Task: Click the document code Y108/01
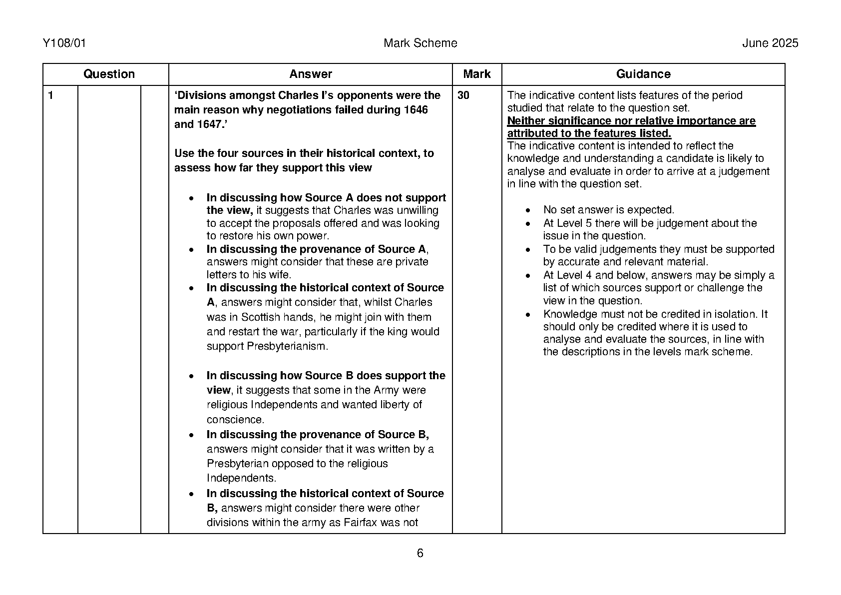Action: [64, 43]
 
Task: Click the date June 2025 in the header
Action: [770, 43]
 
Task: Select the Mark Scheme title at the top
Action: [420, 43]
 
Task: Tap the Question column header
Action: [109, 74]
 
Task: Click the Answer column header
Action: [310, 74]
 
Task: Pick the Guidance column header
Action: [643, 74]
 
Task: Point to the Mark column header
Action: [476, 74]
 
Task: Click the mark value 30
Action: [463, 95]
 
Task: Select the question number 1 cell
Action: [50, 95]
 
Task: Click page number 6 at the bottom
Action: [420, 553]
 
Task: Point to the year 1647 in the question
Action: [208, 124]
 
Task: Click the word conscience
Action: [234, 420]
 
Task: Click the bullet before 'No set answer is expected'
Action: [528, 210]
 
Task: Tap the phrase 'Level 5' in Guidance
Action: [574, 223]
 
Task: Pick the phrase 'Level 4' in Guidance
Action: [574, 275]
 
